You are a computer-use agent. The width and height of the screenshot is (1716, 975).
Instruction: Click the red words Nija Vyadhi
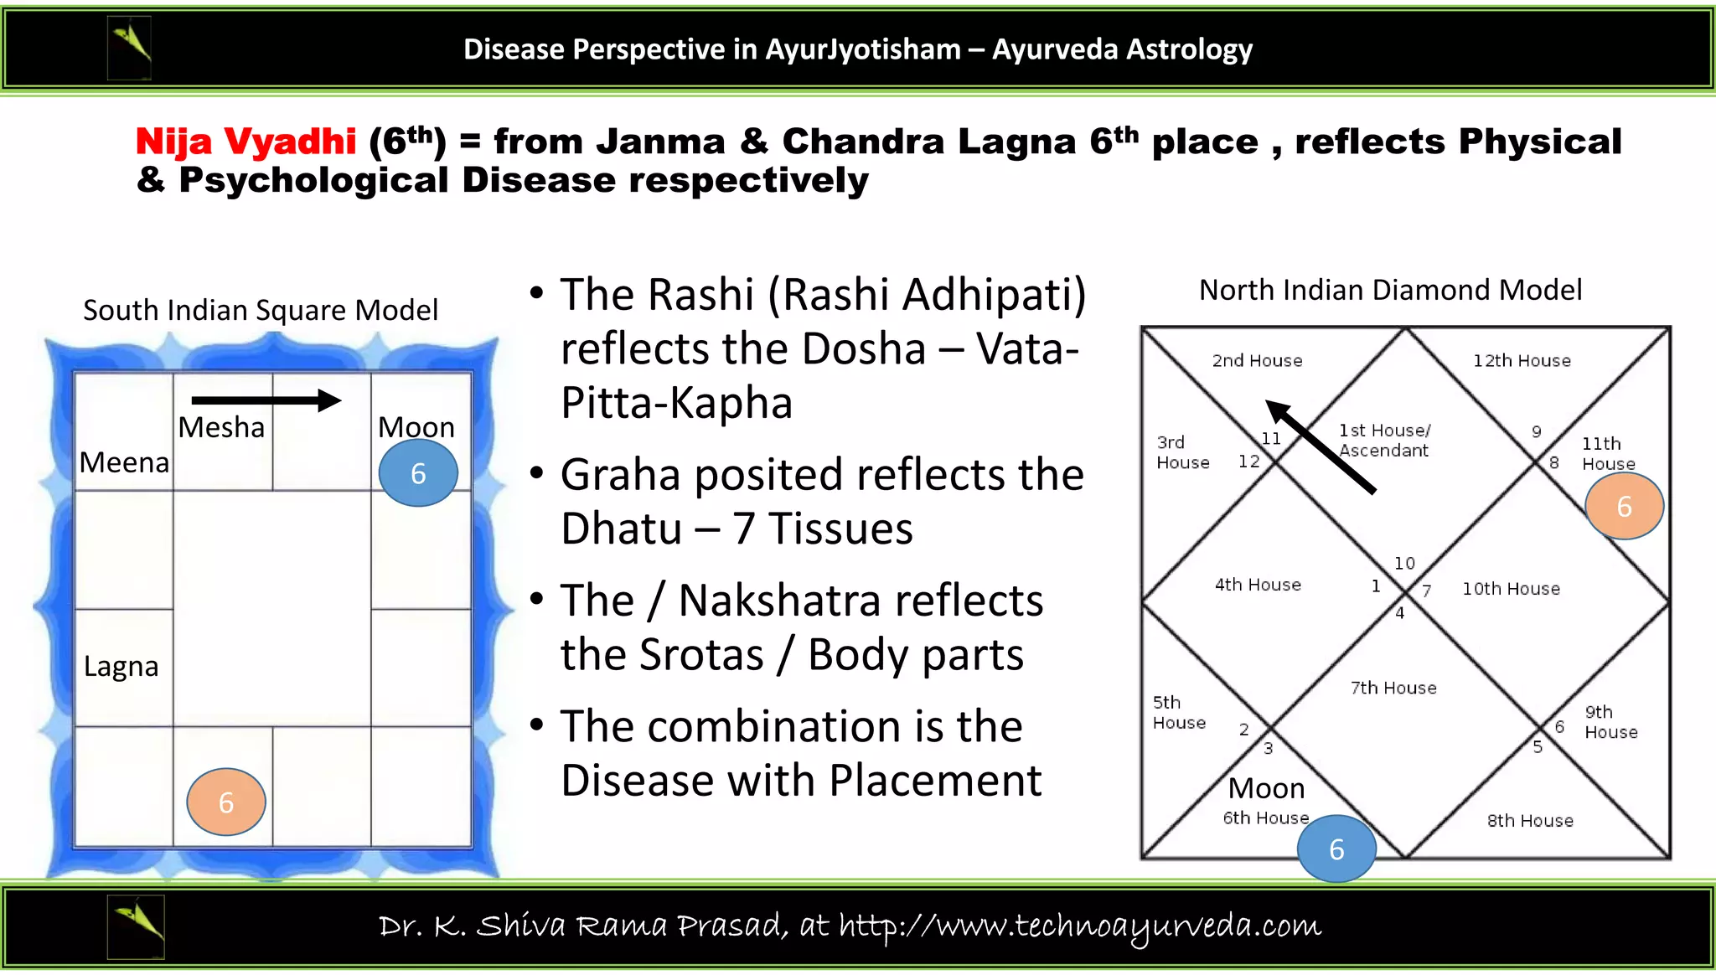pos(246,142)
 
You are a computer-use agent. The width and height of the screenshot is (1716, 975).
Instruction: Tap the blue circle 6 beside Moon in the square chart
pos(418,473)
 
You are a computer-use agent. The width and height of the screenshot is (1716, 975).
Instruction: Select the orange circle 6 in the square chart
pos(226,802)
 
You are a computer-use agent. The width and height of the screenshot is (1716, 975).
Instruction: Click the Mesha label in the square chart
pos(221,427)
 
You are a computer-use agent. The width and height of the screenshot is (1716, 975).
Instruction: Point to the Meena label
pos(124,462)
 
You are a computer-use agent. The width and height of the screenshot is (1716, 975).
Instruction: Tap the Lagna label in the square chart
pos(121,667)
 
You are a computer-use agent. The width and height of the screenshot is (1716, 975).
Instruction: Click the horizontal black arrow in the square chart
pos(266,400)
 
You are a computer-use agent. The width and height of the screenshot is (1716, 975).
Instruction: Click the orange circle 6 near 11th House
pos(1624,506)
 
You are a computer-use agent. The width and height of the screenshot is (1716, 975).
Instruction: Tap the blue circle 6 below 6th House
pos(1336,849)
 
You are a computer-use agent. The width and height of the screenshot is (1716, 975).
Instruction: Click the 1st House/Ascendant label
pos(1384,441)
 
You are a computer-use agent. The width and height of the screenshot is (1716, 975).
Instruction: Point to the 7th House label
pos(1393,688)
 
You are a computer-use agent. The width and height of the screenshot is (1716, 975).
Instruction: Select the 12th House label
pos(1522,361)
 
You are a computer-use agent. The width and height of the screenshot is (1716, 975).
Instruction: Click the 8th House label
pos(1530,821)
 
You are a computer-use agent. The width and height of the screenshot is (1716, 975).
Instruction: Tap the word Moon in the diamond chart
pos(1266,788)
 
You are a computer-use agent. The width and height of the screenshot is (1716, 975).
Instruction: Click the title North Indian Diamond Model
pos(1390,290)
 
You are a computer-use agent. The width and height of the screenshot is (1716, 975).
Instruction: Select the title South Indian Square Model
pos(261,310)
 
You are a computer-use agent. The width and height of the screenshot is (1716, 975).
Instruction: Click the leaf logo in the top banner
pos(130,49)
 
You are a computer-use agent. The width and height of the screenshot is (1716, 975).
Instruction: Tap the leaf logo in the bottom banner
pos(136,926)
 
